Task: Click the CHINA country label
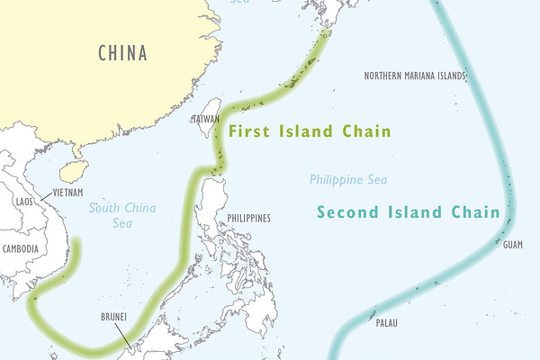click(122, 52)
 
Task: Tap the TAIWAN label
click(205, 119)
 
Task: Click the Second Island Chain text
click(408, 213)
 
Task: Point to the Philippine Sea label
click(348, 180)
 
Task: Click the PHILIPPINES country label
click(248, 219)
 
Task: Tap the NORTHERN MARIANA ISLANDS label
click(415, 76)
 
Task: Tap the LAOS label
click(23, 202)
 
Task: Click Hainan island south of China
click(68, 171)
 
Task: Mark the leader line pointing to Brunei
click(121, 334)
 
